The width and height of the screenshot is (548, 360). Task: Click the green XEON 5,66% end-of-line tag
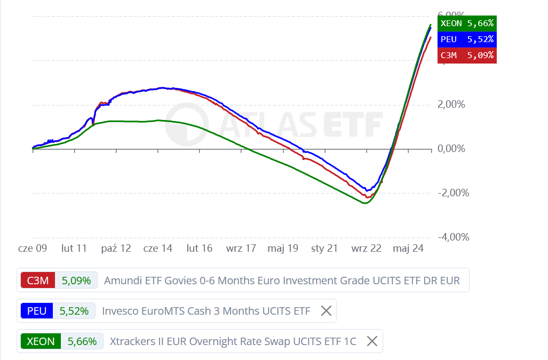click(x=467, y=23)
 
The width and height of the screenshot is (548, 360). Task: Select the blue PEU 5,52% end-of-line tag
click(x=467, y=39)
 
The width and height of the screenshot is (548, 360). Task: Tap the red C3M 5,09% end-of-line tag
click(x=467, y=55)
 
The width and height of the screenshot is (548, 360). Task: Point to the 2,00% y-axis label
click(x=451, y=105)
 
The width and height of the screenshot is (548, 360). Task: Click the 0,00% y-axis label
click(x=451, y=149)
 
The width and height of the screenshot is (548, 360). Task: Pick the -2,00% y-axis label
click(x=453, y=193)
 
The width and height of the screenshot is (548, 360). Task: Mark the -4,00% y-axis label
click(x=453, y=237)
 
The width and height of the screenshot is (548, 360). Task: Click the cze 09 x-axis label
click(x=33, y=248)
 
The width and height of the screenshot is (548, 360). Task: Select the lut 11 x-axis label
click(x=74, y=248)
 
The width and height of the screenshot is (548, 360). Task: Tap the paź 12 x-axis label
click(x=116, y=248)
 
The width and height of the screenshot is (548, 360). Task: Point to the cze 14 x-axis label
click(x=158, y=248)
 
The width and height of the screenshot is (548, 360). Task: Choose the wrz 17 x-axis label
click(x=241, y=248)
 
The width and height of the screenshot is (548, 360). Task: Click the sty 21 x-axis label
click(x=324, y=248)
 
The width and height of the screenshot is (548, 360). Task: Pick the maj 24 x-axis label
click(x=408, y=248)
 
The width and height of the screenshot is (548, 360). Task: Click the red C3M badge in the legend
click(x=38, y=281)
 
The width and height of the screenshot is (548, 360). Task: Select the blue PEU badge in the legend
click(x=37, y=311)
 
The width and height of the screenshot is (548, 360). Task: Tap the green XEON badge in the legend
click(x=41, y=341)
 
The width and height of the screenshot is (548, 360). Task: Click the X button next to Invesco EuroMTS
click(x=326, y=311)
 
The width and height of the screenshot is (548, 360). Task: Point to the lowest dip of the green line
click(x=365, y=203)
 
